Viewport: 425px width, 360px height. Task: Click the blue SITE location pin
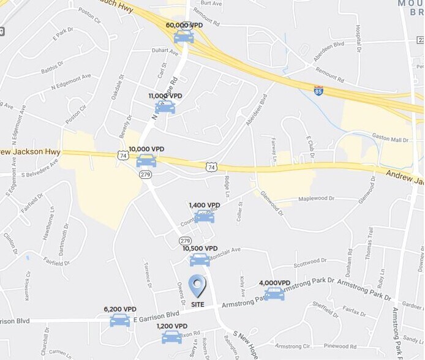pos(197,285)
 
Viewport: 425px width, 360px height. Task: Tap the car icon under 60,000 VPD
pos(184,37)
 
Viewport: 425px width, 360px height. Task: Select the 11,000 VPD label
pos(165,96)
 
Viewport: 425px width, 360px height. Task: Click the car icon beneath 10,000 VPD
pos(146,161)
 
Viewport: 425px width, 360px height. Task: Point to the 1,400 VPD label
pos(205,205)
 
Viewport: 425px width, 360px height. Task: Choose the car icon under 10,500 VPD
pos(200,260)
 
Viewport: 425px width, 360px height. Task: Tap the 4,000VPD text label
pos(274,283)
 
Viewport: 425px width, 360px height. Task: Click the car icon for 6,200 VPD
pos(120,320)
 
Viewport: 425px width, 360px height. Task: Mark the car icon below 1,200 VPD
pos(171,337)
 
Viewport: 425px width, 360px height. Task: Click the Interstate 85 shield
pos(318,90)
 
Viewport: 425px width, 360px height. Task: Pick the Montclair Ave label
pos(225,250)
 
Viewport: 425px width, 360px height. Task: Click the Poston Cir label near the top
pos(89,12)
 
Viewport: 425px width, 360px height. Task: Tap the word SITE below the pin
pos(197,304)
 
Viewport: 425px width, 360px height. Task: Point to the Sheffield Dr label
pos(325,304)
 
